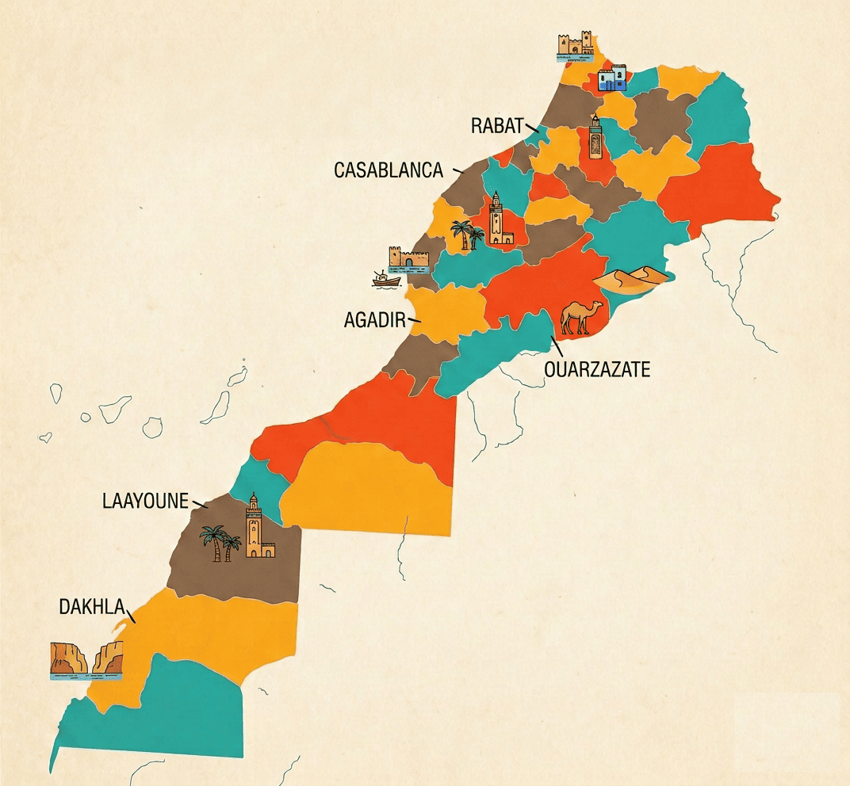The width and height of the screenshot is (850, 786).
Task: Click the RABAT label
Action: click(497, 125)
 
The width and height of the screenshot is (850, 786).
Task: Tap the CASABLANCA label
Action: click(388, 170)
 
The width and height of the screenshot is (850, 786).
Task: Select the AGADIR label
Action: click(375, 320)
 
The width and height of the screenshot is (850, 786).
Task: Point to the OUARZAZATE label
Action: click(596, 368)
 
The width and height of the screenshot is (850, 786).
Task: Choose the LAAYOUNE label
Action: click(145, 501)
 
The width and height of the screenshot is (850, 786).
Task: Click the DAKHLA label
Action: click(92, 607)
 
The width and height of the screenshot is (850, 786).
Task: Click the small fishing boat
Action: click(386, 279)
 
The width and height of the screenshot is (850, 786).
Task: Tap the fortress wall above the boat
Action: click(408, 258)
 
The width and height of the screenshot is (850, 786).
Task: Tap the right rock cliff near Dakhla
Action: click(109, 659)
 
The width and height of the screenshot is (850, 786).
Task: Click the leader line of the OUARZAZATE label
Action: click(557, 346)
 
